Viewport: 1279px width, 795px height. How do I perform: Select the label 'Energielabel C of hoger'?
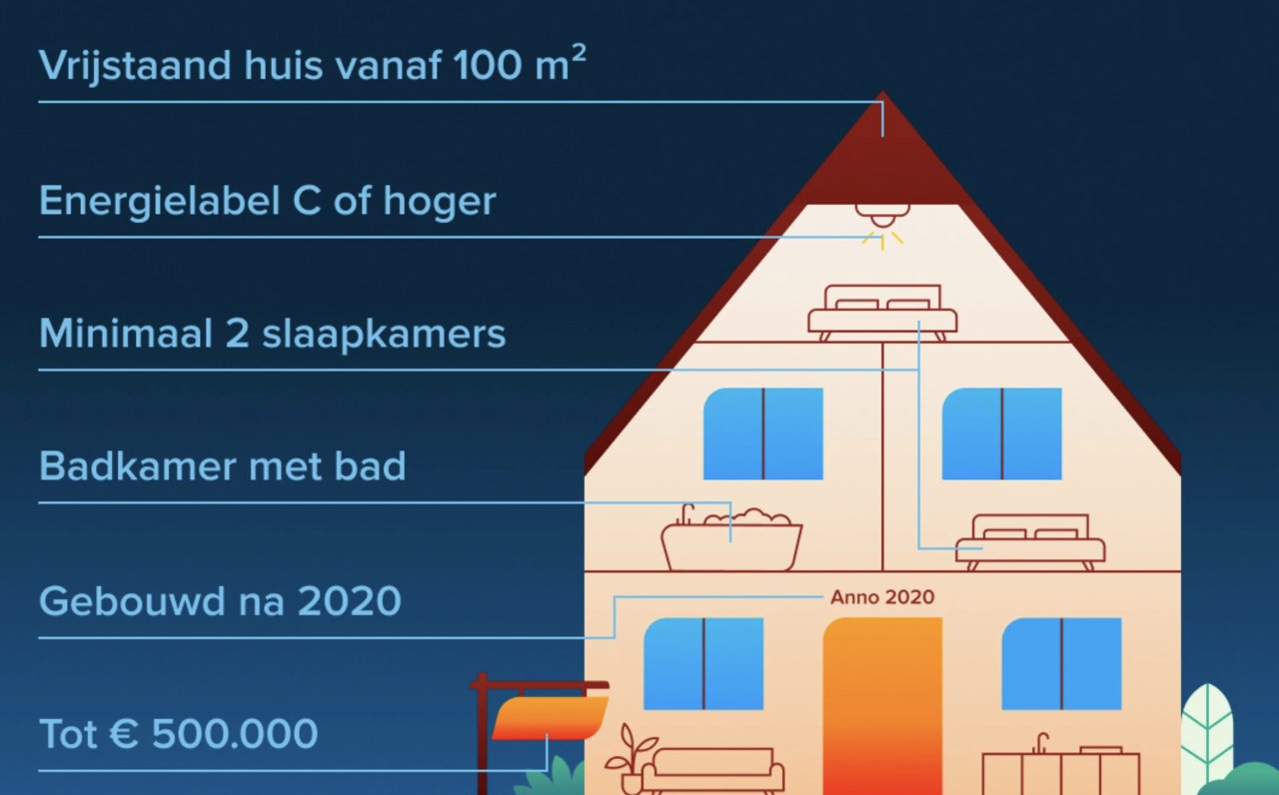[x=267, y=202]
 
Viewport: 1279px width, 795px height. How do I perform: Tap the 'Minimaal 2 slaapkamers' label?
[x=272, y=334]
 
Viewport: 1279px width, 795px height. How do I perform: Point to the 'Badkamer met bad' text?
[x=222, y=466]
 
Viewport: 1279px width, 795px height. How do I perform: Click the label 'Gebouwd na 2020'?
[x=220, y=601]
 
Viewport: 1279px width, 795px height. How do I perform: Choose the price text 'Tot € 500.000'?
[x=178, y=734]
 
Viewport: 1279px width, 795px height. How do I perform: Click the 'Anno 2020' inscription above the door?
[x=882, y=597]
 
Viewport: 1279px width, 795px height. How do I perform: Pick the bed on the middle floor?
[x=1029, y=543]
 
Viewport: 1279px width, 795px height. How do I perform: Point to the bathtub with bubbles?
[x=731, y=539]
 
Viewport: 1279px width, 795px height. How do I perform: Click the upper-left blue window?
[x=762, y=433]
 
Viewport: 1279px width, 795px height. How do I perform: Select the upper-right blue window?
[x=1001, y=433]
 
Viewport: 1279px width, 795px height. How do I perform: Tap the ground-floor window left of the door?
[x=702, y=663]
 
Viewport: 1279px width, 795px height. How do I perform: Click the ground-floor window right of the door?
[x=1061, y=663]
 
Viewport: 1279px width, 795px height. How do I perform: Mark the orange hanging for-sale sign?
[x=550, y=717]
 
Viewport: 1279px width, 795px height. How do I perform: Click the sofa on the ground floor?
[x=712, y=771]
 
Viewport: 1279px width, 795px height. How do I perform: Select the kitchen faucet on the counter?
[x=1041, y=743]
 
